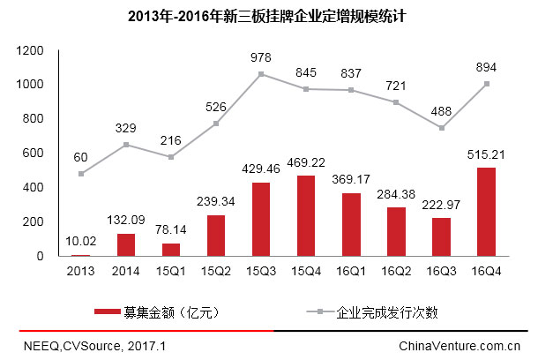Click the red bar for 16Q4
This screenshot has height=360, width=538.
[487, 212]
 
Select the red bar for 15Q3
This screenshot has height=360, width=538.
[261, 219]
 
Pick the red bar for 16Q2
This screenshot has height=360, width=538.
[396, 231]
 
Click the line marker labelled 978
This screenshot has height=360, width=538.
[261, 74]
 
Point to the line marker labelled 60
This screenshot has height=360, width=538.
[81, 174]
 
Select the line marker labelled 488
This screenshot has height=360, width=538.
[441, 128]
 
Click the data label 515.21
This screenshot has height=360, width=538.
[486, 155]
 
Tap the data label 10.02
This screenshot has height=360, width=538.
[80, 243]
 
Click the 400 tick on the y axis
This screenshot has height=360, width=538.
[36, 187]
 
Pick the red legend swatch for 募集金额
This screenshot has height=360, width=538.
[119, 311]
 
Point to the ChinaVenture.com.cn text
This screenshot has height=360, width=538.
[460, 346]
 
